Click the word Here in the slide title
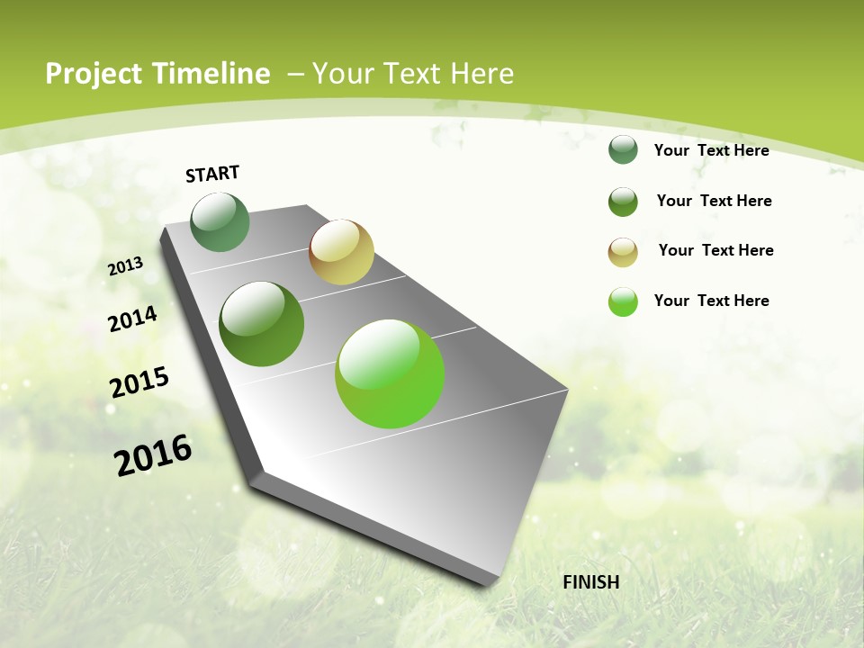[481, 74]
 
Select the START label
[212, 174]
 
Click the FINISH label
[591, 582]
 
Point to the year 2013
[126, 265]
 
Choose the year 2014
[133, 319]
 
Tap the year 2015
[139, 382]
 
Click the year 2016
[153, 454]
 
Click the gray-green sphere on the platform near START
[220, 222]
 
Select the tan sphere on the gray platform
[341, 252]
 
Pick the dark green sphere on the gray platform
[262, 324]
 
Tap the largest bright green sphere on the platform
[390, 373]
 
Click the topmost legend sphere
[623, 150]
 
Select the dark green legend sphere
[623, 202]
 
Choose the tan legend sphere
[623, 252]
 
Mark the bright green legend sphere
[623, 301]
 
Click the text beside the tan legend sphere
[715, 250]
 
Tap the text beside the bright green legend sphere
[711, 301]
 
